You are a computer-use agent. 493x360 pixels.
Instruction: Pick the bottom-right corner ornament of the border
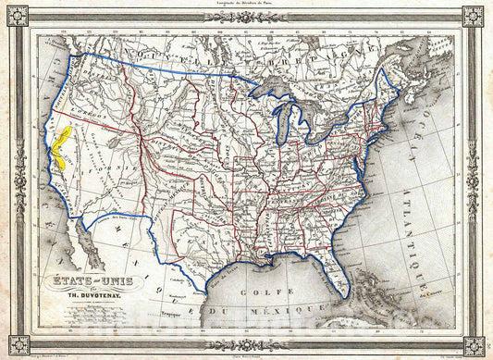(x=476, y=345)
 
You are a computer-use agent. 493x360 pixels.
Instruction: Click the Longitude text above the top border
(x=246, y=5)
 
